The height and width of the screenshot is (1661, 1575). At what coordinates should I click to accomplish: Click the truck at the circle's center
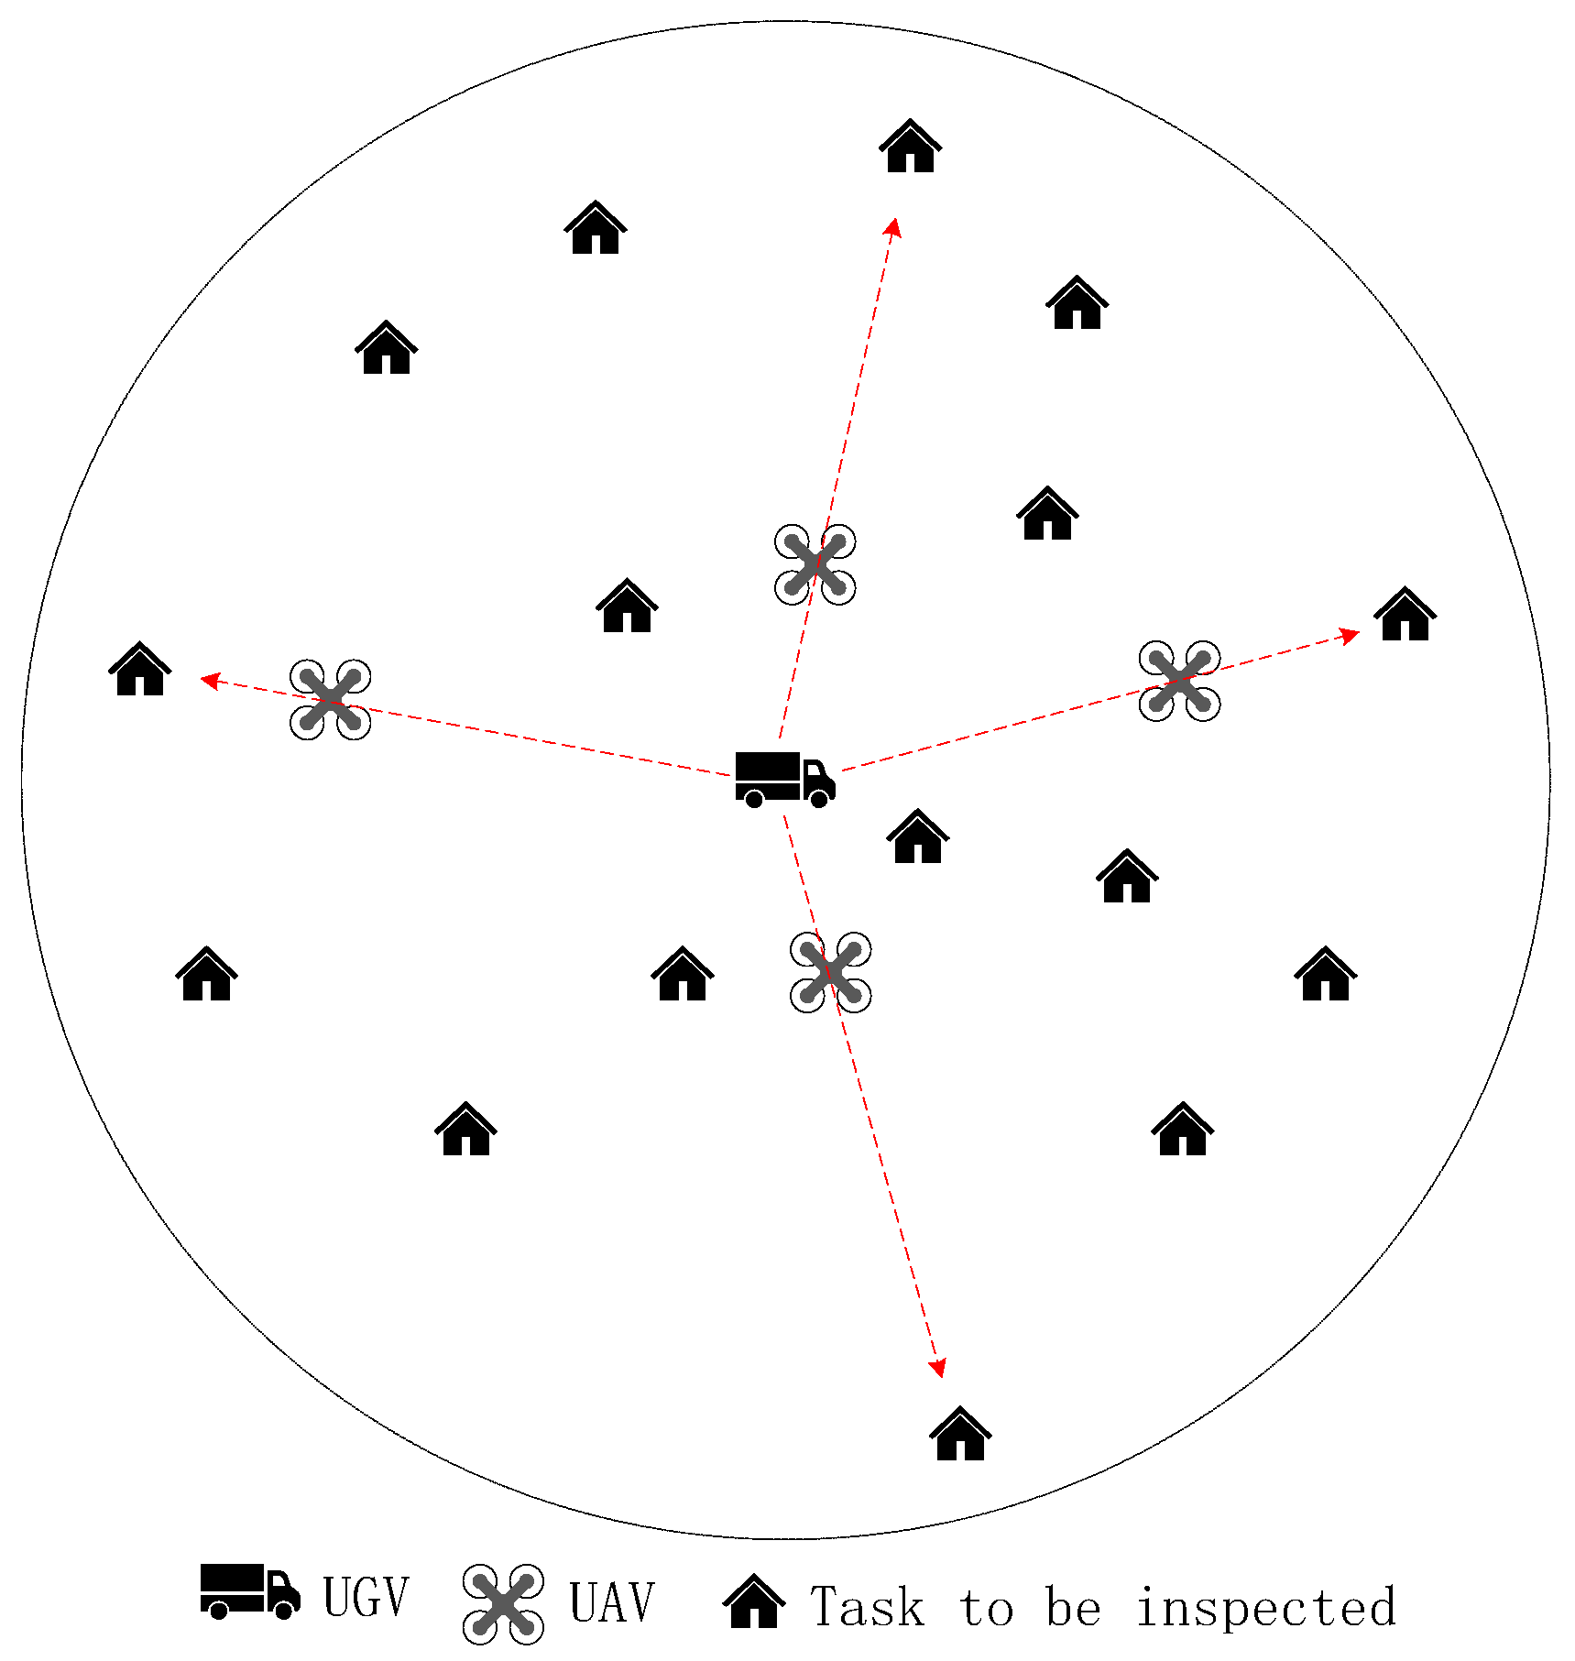click(x=784, y=779)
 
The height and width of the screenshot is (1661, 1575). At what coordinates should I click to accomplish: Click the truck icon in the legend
click(x=249, y=1591)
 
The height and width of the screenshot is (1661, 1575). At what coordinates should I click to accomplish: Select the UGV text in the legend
click(x=366, y=1597)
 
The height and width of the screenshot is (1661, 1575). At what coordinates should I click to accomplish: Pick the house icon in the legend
click(x=753, y=1601)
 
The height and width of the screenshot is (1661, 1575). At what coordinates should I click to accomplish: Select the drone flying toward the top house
click(x=815, y=564)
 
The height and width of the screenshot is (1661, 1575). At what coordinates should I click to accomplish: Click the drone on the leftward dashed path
click(x=330, y=699)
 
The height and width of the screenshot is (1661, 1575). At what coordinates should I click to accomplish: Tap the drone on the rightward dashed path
click(x=1179, y=681)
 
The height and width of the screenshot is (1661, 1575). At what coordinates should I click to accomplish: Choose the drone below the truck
click(x=830, y=972)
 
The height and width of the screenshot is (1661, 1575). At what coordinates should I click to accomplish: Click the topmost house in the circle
click(x=910, y=147)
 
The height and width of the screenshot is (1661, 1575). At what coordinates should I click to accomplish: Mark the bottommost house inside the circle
click(x=959, y=1434)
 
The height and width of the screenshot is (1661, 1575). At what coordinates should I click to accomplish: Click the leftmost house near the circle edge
click(x=139, y=670)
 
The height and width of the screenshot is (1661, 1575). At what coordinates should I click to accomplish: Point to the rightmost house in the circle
click(x=1405, y=615)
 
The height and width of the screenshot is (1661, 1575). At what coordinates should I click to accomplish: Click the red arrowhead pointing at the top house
click(x=893, y=226)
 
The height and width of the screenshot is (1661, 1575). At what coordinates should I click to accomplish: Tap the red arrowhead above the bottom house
click(x=937, y=1368)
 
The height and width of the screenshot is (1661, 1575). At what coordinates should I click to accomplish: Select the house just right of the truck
click(x=917, y=836)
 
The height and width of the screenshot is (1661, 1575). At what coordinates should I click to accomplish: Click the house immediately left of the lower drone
click(x=682, y=975)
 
